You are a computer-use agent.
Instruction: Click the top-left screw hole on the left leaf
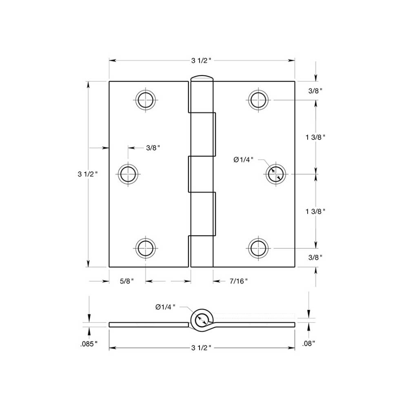146,100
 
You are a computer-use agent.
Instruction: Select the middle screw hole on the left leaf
129,174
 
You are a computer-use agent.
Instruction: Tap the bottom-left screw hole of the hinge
146,248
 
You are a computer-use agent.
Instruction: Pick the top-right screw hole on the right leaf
259,100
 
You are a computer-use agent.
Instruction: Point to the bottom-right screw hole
259,248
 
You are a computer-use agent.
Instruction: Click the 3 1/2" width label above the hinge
202,61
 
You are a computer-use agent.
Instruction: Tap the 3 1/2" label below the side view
202,348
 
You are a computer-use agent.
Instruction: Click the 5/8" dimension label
127,281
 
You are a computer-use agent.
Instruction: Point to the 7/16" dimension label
239,281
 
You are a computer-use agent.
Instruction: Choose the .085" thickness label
89,344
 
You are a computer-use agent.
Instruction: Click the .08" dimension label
309,344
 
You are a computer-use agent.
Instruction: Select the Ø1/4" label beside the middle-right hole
244,160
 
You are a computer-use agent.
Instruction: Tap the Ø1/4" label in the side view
165,307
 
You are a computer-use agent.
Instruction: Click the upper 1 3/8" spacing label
315,137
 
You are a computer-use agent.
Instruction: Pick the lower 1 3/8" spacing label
315,211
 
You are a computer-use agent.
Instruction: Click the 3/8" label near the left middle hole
153,148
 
